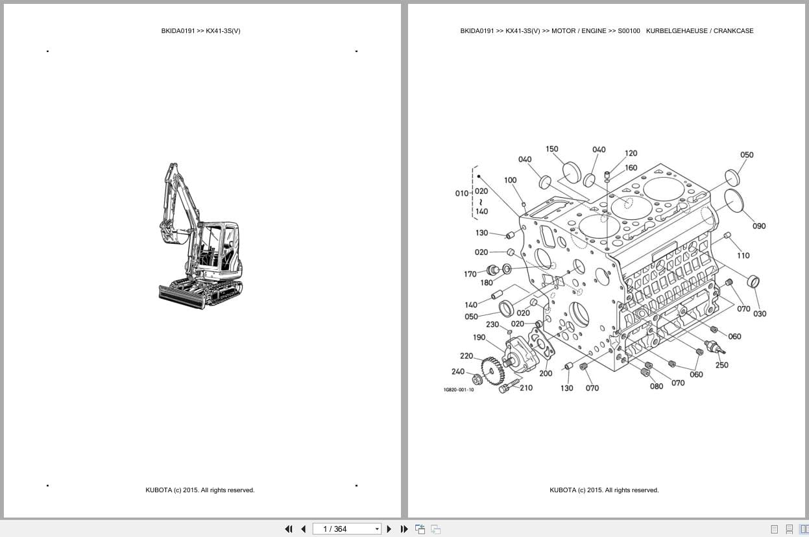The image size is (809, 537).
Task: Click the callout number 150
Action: pos(551,149)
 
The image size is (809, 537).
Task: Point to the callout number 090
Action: pos(758,226)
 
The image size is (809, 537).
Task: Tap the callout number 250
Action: pos(721,365)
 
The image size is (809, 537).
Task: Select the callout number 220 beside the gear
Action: pos(466,356)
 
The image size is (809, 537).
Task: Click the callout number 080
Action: pos(657,387)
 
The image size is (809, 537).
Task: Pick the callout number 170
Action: pos(470,274)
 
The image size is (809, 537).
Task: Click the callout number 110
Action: pos(743,256)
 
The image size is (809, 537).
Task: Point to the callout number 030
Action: pos(759,314)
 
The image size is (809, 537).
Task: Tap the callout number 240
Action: pos(458,372)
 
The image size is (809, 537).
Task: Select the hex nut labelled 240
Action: pos(477,379)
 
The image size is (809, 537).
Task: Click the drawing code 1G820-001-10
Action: pos(458,390)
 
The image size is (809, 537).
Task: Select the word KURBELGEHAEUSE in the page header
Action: pos(675,30)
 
